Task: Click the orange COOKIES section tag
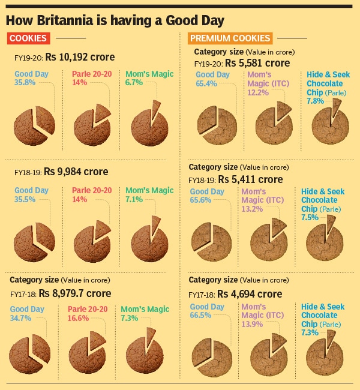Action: (x=28, y=38)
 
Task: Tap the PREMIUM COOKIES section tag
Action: (x=230, y=38)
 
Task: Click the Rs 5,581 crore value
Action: (x=257, y=63)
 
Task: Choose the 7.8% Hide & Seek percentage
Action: (x=316, y=101)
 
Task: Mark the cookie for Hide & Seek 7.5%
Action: (x=324, y=241)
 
